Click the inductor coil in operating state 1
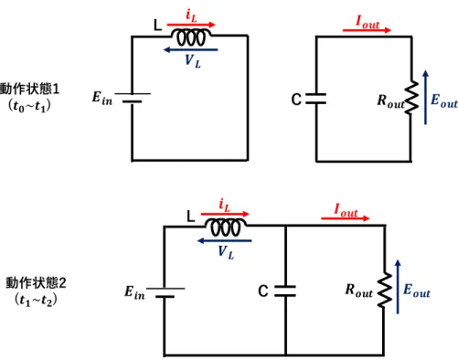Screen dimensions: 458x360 click(191, 37)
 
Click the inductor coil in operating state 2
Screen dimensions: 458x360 click(226, 228)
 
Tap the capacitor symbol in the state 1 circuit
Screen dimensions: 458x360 click(316, 99)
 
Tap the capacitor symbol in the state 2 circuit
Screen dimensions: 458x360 click(285, 291)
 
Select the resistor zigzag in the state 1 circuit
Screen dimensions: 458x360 click(411, 98)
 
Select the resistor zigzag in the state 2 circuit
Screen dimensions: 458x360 click(385, 290)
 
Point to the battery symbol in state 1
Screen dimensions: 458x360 click(133, 98)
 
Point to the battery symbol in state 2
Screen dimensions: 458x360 click(165, 292)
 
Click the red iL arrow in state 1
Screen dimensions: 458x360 click(191, 25)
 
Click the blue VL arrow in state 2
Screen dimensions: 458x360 click(225, 241)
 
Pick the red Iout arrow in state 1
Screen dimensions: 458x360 click(367, 30)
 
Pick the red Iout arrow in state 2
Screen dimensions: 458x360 click(346, 218)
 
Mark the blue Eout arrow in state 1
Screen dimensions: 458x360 click(425, 98)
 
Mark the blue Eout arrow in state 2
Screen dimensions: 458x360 click(398, 287)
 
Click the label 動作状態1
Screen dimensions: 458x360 click(29, 89)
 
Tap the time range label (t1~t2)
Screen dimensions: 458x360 click(36, 301)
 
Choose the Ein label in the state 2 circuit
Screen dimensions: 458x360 click(134, 292)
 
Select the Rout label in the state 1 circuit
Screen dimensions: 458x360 click(391, 101)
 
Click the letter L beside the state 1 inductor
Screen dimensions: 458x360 click(157, 26)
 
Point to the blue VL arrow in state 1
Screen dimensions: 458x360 click(191, 49)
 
